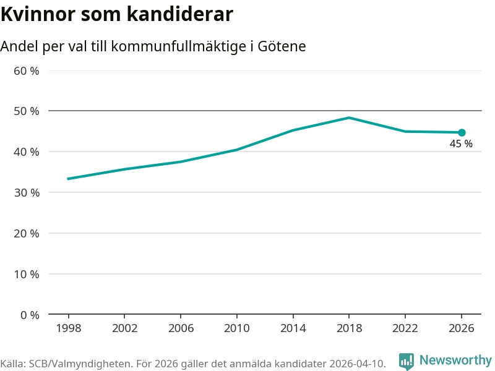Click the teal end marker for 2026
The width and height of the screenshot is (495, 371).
[x=462, y=132]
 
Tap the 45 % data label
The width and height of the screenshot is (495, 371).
[x=461, y=144]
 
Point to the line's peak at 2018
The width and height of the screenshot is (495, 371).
[x=349, y=117]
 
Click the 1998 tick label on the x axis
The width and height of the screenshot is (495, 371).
[x=68, y=328]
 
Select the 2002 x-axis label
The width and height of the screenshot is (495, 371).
[x=124, y=328]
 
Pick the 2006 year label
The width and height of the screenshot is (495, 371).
[x=181, y=328]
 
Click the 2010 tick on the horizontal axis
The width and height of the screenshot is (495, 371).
[x=236, y=328]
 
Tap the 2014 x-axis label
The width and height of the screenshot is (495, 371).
[x=293, y=328]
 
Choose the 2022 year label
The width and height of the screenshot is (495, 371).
[x=405, y=328]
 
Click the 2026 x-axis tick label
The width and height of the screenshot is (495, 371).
[x=462, y=328]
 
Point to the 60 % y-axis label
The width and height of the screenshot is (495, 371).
[x=27, y=70]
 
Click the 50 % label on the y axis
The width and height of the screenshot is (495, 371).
[x=27, y=111]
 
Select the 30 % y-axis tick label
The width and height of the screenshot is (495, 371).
[x=27, y=192]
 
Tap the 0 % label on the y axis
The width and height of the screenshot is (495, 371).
[x=30, y=315]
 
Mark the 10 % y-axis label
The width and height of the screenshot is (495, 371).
[x=27, y=274]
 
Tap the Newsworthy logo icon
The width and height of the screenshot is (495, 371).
[x=406, y=360]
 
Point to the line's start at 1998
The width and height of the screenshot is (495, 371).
[x=68, y=179]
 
